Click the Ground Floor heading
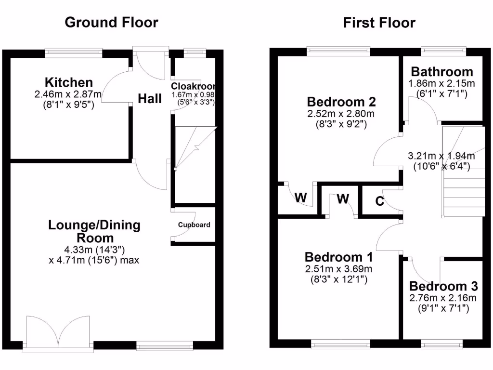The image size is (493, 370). pos(111,22)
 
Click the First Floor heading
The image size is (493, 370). pos(379,23)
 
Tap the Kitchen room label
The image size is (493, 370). pos(69,82)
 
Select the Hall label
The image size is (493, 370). pos(150,99)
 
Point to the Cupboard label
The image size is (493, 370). pos(194,225)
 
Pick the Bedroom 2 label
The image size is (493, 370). pos(341,102)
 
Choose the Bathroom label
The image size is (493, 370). pos(441,72)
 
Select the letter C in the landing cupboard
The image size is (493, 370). pos(380,201)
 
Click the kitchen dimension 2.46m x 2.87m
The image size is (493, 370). pos(68,93)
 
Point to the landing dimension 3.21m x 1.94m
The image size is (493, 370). pos(441,156)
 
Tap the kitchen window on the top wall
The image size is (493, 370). pos(74,50)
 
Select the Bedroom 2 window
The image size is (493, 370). pos(339,49)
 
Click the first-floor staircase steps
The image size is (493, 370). pos(463,193)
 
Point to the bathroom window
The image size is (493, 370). pos(443,49)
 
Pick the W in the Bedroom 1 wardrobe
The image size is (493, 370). pos(342,198)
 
